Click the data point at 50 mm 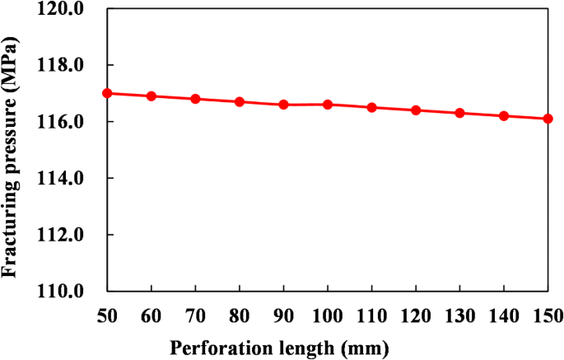(107, 93)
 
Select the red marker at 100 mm (328, 105)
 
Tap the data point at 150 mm (548, 119)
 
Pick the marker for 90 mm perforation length (283, 105)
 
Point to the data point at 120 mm (416, 110)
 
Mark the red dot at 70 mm (195, 99)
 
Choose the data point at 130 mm (459, 113)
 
